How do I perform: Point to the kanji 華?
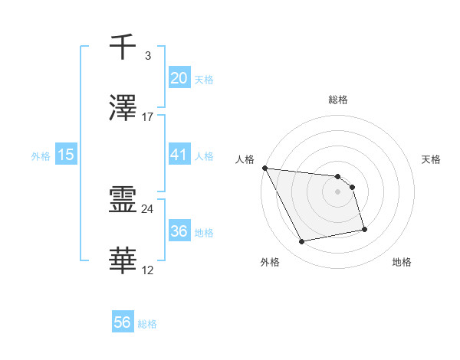point(123,261)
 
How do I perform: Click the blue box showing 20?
point(179,77)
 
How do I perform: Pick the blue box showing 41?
point(179,155)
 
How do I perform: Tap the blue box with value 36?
point(179,231)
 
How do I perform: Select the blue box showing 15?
point(66,155)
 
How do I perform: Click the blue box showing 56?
point(123,322)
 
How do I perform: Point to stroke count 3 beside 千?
point(147,56)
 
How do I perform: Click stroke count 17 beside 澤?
point(148,116)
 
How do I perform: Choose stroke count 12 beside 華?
point(148,270)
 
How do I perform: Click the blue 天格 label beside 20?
point(204,79)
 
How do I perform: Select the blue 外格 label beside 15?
point(41,156)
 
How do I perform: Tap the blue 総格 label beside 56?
point(147,324)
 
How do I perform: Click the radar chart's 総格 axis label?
point(337,100)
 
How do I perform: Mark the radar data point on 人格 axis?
point(264,168)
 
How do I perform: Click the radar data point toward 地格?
point(364,229)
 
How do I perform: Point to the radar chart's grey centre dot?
point(337,191)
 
